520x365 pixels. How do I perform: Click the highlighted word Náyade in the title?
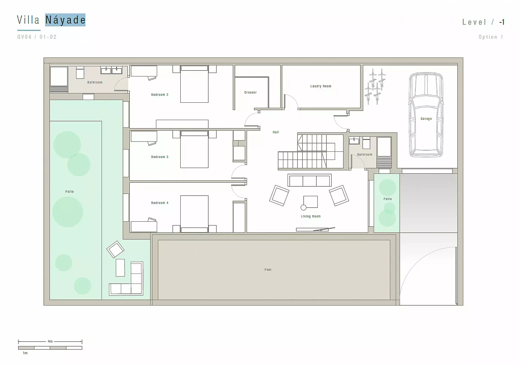coord(65,20)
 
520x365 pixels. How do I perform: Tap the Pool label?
coord(268,270)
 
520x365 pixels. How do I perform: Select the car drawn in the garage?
coord(426,115)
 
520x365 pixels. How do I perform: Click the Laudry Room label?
coord(321,86)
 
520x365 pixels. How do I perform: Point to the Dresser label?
coord(250,92)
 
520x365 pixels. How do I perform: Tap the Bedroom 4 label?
coord(160,203)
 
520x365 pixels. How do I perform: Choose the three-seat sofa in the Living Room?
coord(309,180)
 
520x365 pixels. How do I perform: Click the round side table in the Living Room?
coord(304,208)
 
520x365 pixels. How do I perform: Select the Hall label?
coord(276,132)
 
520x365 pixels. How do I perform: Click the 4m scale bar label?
coord(50,341)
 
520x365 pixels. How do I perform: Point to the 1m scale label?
coord(25,353)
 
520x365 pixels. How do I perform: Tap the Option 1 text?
coord(491,37)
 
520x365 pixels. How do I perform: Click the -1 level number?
coord(502,22)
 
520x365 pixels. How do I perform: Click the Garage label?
coord(426,119)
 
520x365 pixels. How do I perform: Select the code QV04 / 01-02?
coord(37,37)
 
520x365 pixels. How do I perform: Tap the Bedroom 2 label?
coord(160,95)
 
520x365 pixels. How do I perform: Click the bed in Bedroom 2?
coord(194,84)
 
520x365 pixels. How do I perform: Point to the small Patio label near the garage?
coord(388,199)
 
